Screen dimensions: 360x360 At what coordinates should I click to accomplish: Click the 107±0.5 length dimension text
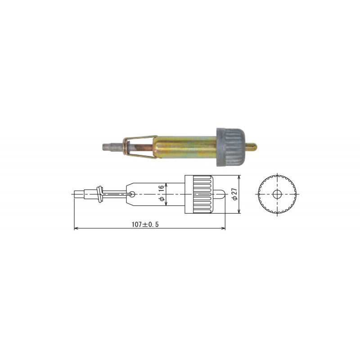click(x=145, y=224)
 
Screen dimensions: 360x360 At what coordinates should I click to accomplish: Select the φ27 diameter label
click(x=234, y=194)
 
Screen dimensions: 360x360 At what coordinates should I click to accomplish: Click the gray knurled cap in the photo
click(x=230, y=147)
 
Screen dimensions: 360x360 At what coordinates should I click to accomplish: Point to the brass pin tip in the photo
click(x=251, y=146)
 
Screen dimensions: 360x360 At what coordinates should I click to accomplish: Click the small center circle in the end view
click(x=277, y=194)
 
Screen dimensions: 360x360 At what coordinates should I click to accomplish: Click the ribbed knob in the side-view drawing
click(x=202, y=194)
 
